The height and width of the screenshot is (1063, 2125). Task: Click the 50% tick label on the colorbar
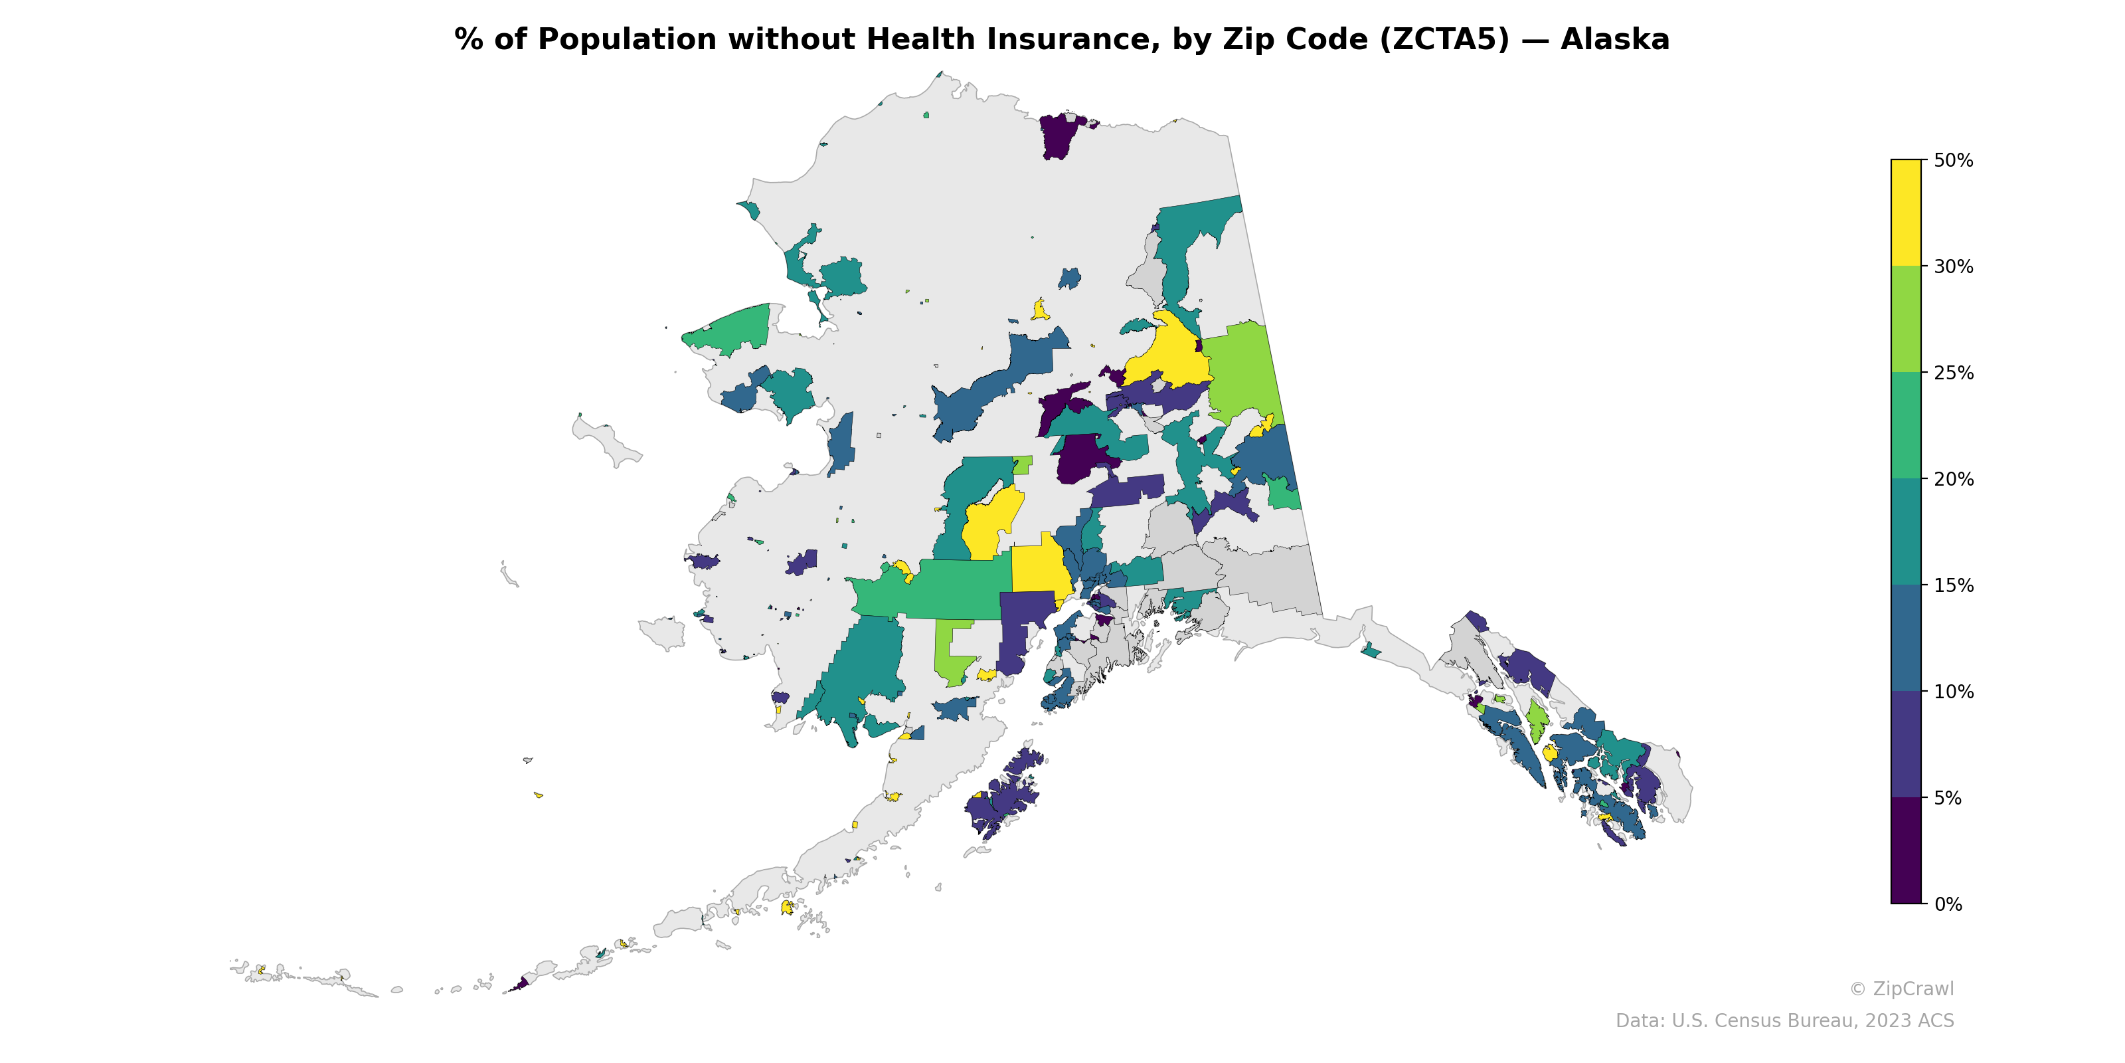(1952, 161)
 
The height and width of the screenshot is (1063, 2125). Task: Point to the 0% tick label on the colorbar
(1948, 904)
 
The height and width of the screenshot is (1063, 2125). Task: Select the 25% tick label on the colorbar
(1952, 373)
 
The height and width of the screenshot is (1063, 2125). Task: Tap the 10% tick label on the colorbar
(1952, 692)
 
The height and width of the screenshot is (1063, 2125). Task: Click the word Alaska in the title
(1614, 40)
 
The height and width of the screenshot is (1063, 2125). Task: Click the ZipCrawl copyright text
(1901, 989)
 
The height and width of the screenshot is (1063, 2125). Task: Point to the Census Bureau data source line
(1784, 1021)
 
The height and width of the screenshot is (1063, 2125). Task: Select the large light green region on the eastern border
(1243, 371)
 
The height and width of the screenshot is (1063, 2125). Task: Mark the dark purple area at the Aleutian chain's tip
(521, 984)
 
